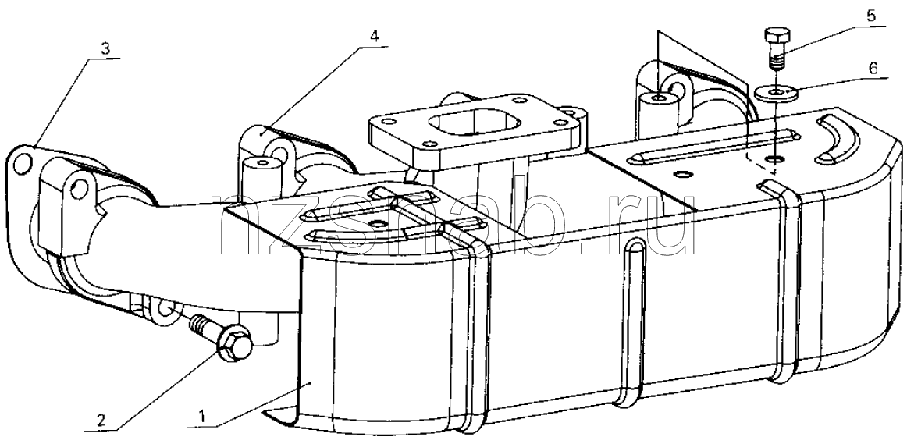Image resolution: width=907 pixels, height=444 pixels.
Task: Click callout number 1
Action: (201, 416)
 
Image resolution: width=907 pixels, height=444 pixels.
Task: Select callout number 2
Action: (101, 420)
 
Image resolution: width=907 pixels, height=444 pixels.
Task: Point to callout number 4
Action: (374, 37)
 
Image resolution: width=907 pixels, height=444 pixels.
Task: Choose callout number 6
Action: (873, 68)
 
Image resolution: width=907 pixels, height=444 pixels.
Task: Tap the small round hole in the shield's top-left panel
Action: (379, 223)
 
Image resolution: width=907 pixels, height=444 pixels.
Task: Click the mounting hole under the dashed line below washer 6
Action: (774, 158)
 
